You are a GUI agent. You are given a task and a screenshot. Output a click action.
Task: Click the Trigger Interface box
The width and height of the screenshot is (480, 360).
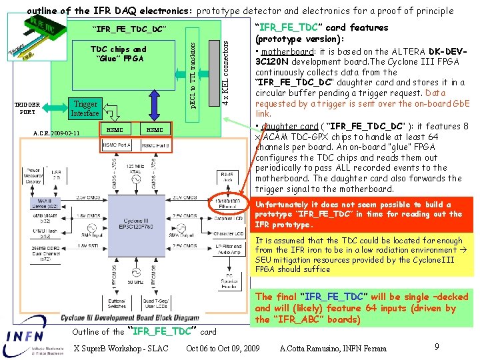point(85,109)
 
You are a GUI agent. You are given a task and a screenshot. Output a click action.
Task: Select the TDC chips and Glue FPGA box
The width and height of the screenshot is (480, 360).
point(117,54)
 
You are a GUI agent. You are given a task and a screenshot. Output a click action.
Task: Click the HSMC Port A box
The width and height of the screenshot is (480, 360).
point(115,145)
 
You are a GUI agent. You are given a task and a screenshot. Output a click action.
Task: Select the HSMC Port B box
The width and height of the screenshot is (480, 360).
point(154,145)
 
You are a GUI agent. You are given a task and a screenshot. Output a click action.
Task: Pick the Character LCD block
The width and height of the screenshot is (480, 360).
point(228,234)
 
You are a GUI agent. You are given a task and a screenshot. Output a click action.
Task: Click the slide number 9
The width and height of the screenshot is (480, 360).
point(436,346)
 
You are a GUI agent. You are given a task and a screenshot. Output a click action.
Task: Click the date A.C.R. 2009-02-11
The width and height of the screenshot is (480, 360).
point(57,133)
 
